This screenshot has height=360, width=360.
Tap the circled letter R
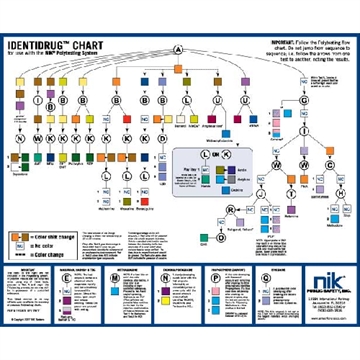pos(231,209)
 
